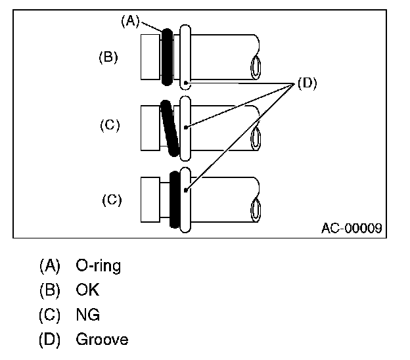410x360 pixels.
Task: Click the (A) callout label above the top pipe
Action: (130, 21)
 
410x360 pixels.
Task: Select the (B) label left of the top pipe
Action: (108, 57)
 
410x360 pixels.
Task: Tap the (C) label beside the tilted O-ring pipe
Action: (110, 125)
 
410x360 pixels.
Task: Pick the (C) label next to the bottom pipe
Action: (112, 199)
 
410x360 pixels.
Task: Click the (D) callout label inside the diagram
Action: (307, 83)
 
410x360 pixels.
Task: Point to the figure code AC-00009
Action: (352, 229)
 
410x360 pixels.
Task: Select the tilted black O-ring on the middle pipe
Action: (170, 127)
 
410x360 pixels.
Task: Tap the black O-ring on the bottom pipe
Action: (175, 199)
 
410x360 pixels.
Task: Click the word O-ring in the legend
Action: (99, 266)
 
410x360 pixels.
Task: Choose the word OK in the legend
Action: (87, 290)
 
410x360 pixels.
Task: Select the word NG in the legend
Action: (88, 315)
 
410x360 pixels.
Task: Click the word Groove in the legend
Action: (102, 340)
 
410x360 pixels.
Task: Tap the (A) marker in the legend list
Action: (50, 266)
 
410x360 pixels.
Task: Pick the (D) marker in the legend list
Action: (50, 340)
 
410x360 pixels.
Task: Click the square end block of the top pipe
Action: (150, 56)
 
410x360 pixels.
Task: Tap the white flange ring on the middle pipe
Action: (185, 127)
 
